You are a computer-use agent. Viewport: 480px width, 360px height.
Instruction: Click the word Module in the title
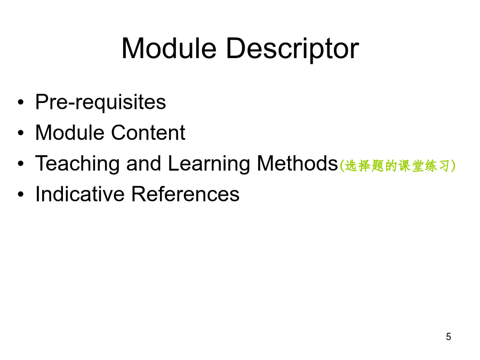point(169,48)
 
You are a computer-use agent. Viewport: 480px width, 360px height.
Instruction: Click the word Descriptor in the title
point(292,49)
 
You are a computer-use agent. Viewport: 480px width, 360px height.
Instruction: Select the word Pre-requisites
point(100,102)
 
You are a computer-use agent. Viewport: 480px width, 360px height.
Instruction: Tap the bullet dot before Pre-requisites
point(20,102)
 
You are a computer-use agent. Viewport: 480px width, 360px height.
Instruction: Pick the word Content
point(148,133)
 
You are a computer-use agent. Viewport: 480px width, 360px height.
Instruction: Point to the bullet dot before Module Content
point(20,133)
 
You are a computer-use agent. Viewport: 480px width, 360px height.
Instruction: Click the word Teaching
point(77,164)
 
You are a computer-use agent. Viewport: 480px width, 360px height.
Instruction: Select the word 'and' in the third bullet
point(143,163)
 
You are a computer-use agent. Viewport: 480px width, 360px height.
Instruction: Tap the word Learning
point(209,164)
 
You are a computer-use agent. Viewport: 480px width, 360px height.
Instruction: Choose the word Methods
point(297,163)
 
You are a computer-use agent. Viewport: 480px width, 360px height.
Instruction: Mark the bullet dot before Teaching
point(20,164)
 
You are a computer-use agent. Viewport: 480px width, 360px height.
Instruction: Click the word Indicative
point(80,194)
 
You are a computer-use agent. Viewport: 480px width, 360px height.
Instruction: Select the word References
point(185,194)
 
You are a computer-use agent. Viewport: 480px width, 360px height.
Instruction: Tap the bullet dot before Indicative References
point(20,194)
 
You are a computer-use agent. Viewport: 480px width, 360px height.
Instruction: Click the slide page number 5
point(449,337)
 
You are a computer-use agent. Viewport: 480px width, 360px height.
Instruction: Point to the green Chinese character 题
point(378,166)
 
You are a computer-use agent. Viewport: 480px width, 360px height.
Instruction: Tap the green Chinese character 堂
point(418,166)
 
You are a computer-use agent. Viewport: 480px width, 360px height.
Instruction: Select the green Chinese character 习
point(444,166)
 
